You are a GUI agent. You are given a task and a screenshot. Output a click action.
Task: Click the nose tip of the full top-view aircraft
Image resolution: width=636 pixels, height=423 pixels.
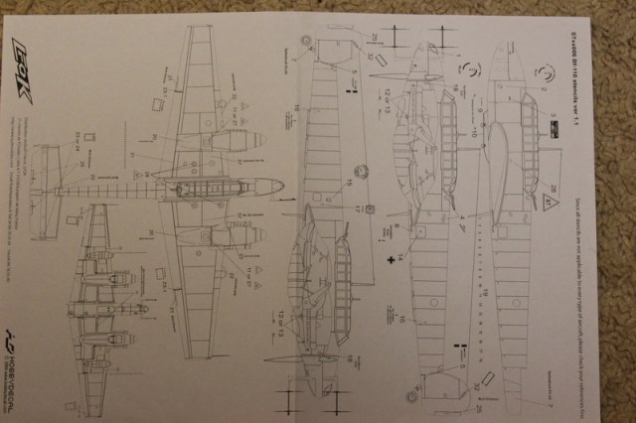click(x=281, y=186)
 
